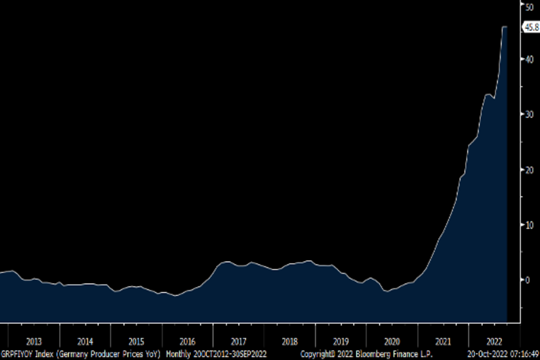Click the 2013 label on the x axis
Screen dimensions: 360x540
click(34, 341)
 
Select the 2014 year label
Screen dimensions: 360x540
click(85, 341)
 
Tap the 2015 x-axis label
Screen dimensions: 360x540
click(136, 341)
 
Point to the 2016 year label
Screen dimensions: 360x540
click(187, 341)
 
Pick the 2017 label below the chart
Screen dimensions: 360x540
click(238, 341)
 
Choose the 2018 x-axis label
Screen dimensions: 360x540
click(289, 341)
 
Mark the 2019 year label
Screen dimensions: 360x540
click(341, 341)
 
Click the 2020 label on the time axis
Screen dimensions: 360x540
click(391, 341)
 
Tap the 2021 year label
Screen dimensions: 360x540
click(443, 341)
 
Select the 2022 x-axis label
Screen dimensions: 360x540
click(494, 341)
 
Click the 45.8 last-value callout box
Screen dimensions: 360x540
click(531, 27)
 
